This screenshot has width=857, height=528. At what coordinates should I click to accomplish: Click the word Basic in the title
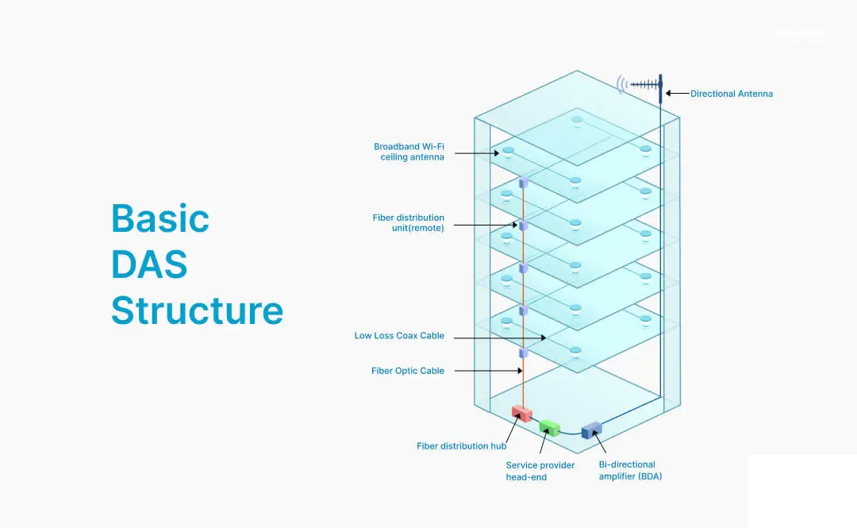point(160,218)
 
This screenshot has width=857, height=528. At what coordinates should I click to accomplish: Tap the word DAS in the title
point(149,264)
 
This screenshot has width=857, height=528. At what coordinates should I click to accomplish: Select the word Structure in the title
point(197,310)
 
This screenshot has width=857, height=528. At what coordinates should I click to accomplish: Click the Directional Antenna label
point(731,94)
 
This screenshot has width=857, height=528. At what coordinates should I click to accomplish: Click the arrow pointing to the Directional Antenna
point(677,94)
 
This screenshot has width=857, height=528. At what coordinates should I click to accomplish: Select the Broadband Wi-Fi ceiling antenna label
point(409,152)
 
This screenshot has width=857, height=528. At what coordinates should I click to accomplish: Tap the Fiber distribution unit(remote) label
point(408,222)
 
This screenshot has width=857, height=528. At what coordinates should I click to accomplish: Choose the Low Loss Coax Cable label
point(399,336)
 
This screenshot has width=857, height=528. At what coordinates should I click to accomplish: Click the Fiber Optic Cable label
point(408,371)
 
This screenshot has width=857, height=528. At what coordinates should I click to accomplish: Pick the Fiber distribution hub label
point(461,446)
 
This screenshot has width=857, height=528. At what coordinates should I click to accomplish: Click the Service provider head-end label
point(540,471)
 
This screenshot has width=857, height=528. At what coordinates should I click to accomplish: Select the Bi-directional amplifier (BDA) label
point(631,470)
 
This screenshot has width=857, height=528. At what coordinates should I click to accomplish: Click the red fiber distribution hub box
point(521,413)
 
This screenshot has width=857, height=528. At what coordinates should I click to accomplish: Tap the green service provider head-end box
point(549,426)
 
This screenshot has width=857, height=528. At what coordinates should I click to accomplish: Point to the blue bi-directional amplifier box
point(591,430)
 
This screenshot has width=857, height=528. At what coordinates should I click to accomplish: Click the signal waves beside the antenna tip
point(624,83)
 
